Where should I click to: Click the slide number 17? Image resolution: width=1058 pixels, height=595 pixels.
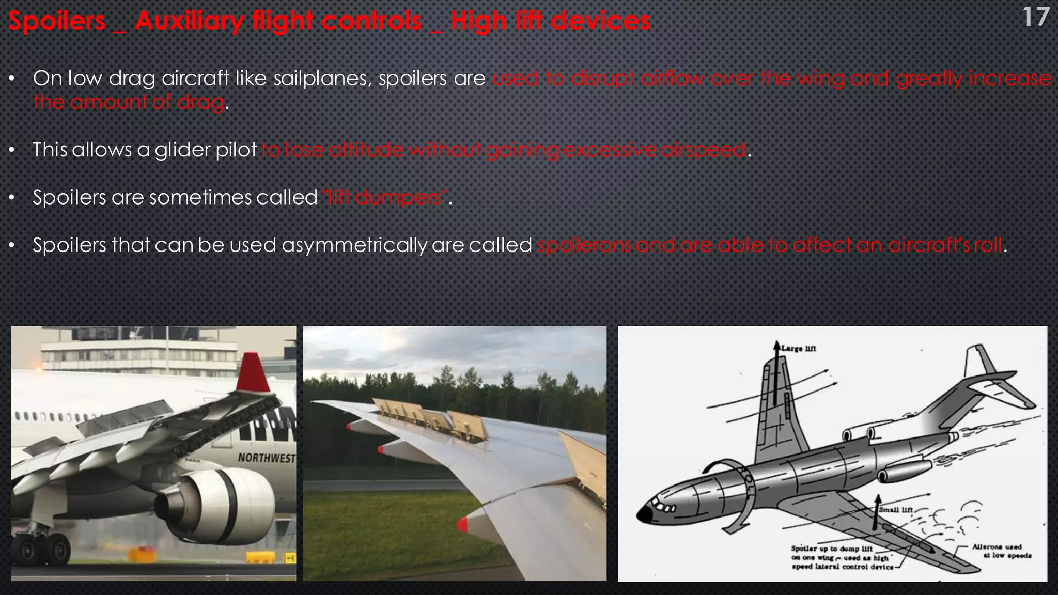pos(1035,18)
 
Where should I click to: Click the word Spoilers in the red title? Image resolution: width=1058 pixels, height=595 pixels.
pos(57,22)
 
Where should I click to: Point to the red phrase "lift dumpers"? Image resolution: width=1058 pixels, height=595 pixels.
pos(385,197)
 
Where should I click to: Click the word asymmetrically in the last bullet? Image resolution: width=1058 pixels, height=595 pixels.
pos(354,245)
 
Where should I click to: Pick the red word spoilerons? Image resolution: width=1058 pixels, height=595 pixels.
pos(584,245)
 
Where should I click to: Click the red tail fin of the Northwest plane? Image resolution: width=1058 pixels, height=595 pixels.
pos(253,373)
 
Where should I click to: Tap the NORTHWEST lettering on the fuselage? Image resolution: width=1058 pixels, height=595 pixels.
pos(267,458)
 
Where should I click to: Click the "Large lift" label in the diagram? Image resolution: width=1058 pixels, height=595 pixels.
pos(799,349)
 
